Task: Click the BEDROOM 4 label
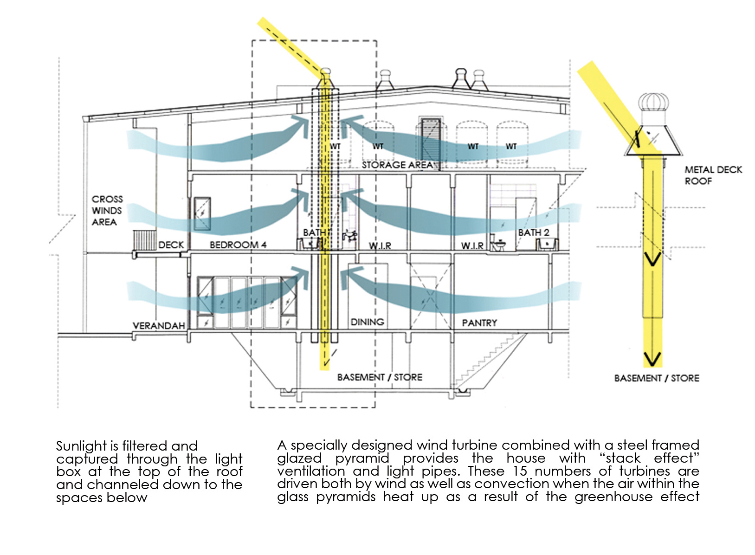238,245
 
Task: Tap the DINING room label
367,322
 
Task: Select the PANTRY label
479,323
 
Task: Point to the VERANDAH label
159,326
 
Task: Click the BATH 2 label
533,232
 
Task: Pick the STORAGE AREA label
397,165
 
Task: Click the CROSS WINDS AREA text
107,210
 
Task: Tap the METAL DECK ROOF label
713,175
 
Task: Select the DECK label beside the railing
171,245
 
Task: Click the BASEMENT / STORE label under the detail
656,378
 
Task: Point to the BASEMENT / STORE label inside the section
380,377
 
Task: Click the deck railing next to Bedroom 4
144,240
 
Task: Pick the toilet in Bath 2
499,245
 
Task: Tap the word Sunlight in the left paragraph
82,446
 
